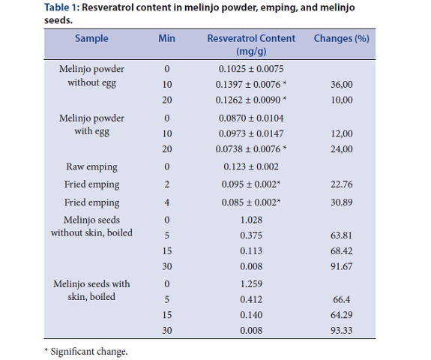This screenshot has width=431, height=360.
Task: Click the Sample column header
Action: (x=91, y=38)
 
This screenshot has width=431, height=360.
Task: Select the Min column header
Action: (x=166, y=38)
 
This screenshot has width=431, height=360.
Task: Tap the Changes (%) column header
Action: (x=341, y=38)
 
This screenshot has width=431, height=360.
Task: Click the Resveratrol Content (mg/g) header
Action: (x=251, y=44)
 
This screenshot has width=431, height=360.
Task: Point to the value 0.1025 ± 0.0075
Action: (x=251, y=69)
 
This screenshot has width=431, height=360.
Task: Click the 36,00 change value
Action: (x=341, y=85)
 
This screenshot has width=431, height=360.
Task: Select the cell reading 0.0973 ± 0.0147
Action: (x=251, y=133)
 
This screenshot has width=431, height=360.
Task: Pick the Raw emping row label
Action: (x=91, y=167)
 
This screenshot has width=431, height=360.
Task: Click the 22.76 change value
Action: (x=341, y=184)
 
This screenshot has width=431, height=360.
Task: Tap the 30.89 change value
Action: (x=341, y=202)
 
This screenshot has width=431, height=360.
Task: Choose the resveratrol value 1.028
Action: (x=251, y=220)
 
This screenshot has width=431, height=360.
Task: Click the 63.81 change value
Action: (x=341, y=235)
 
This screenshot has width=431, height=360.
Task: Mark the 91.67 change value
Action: (x=341, y=266)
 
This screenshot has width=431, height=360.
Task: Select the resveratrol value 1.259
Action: (x=251, y=283)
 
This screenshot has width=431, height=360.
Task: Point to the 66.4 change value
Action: (x=341, y=299)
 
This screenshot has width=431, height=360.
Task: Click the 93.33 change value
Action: (x=341, y=331)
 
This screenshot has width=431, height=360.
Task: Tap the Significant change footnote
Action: (x=86, y=352)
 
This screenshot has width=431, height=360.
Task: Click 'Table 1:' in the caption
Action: (x=62, y=7)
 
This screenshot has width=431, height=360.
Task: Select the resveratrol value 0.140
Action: (x=251, y=315)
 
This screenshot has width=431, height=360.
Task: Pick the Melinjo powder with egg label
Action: (x=91, y=124)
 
